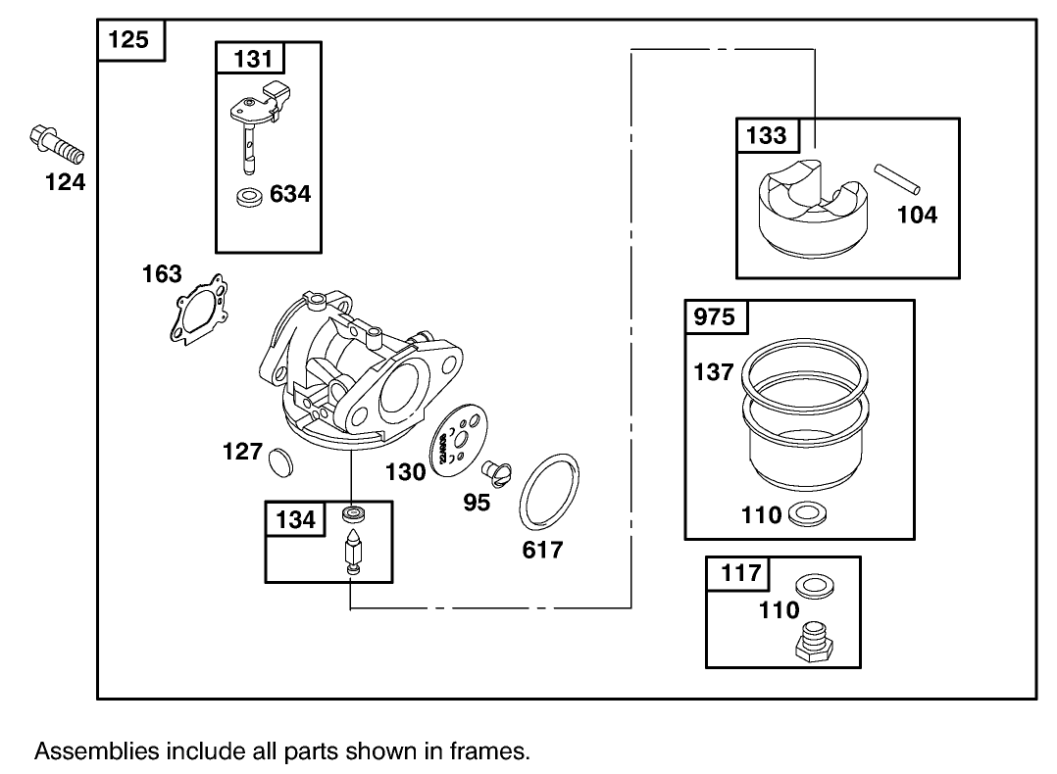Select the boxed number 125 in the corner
click(x=129, y=40)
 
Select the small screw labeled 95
click(x=498, y=472)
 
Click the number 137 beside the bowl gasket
click(x=713, y=372)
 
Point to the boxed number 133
click(x=767, y=135)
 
